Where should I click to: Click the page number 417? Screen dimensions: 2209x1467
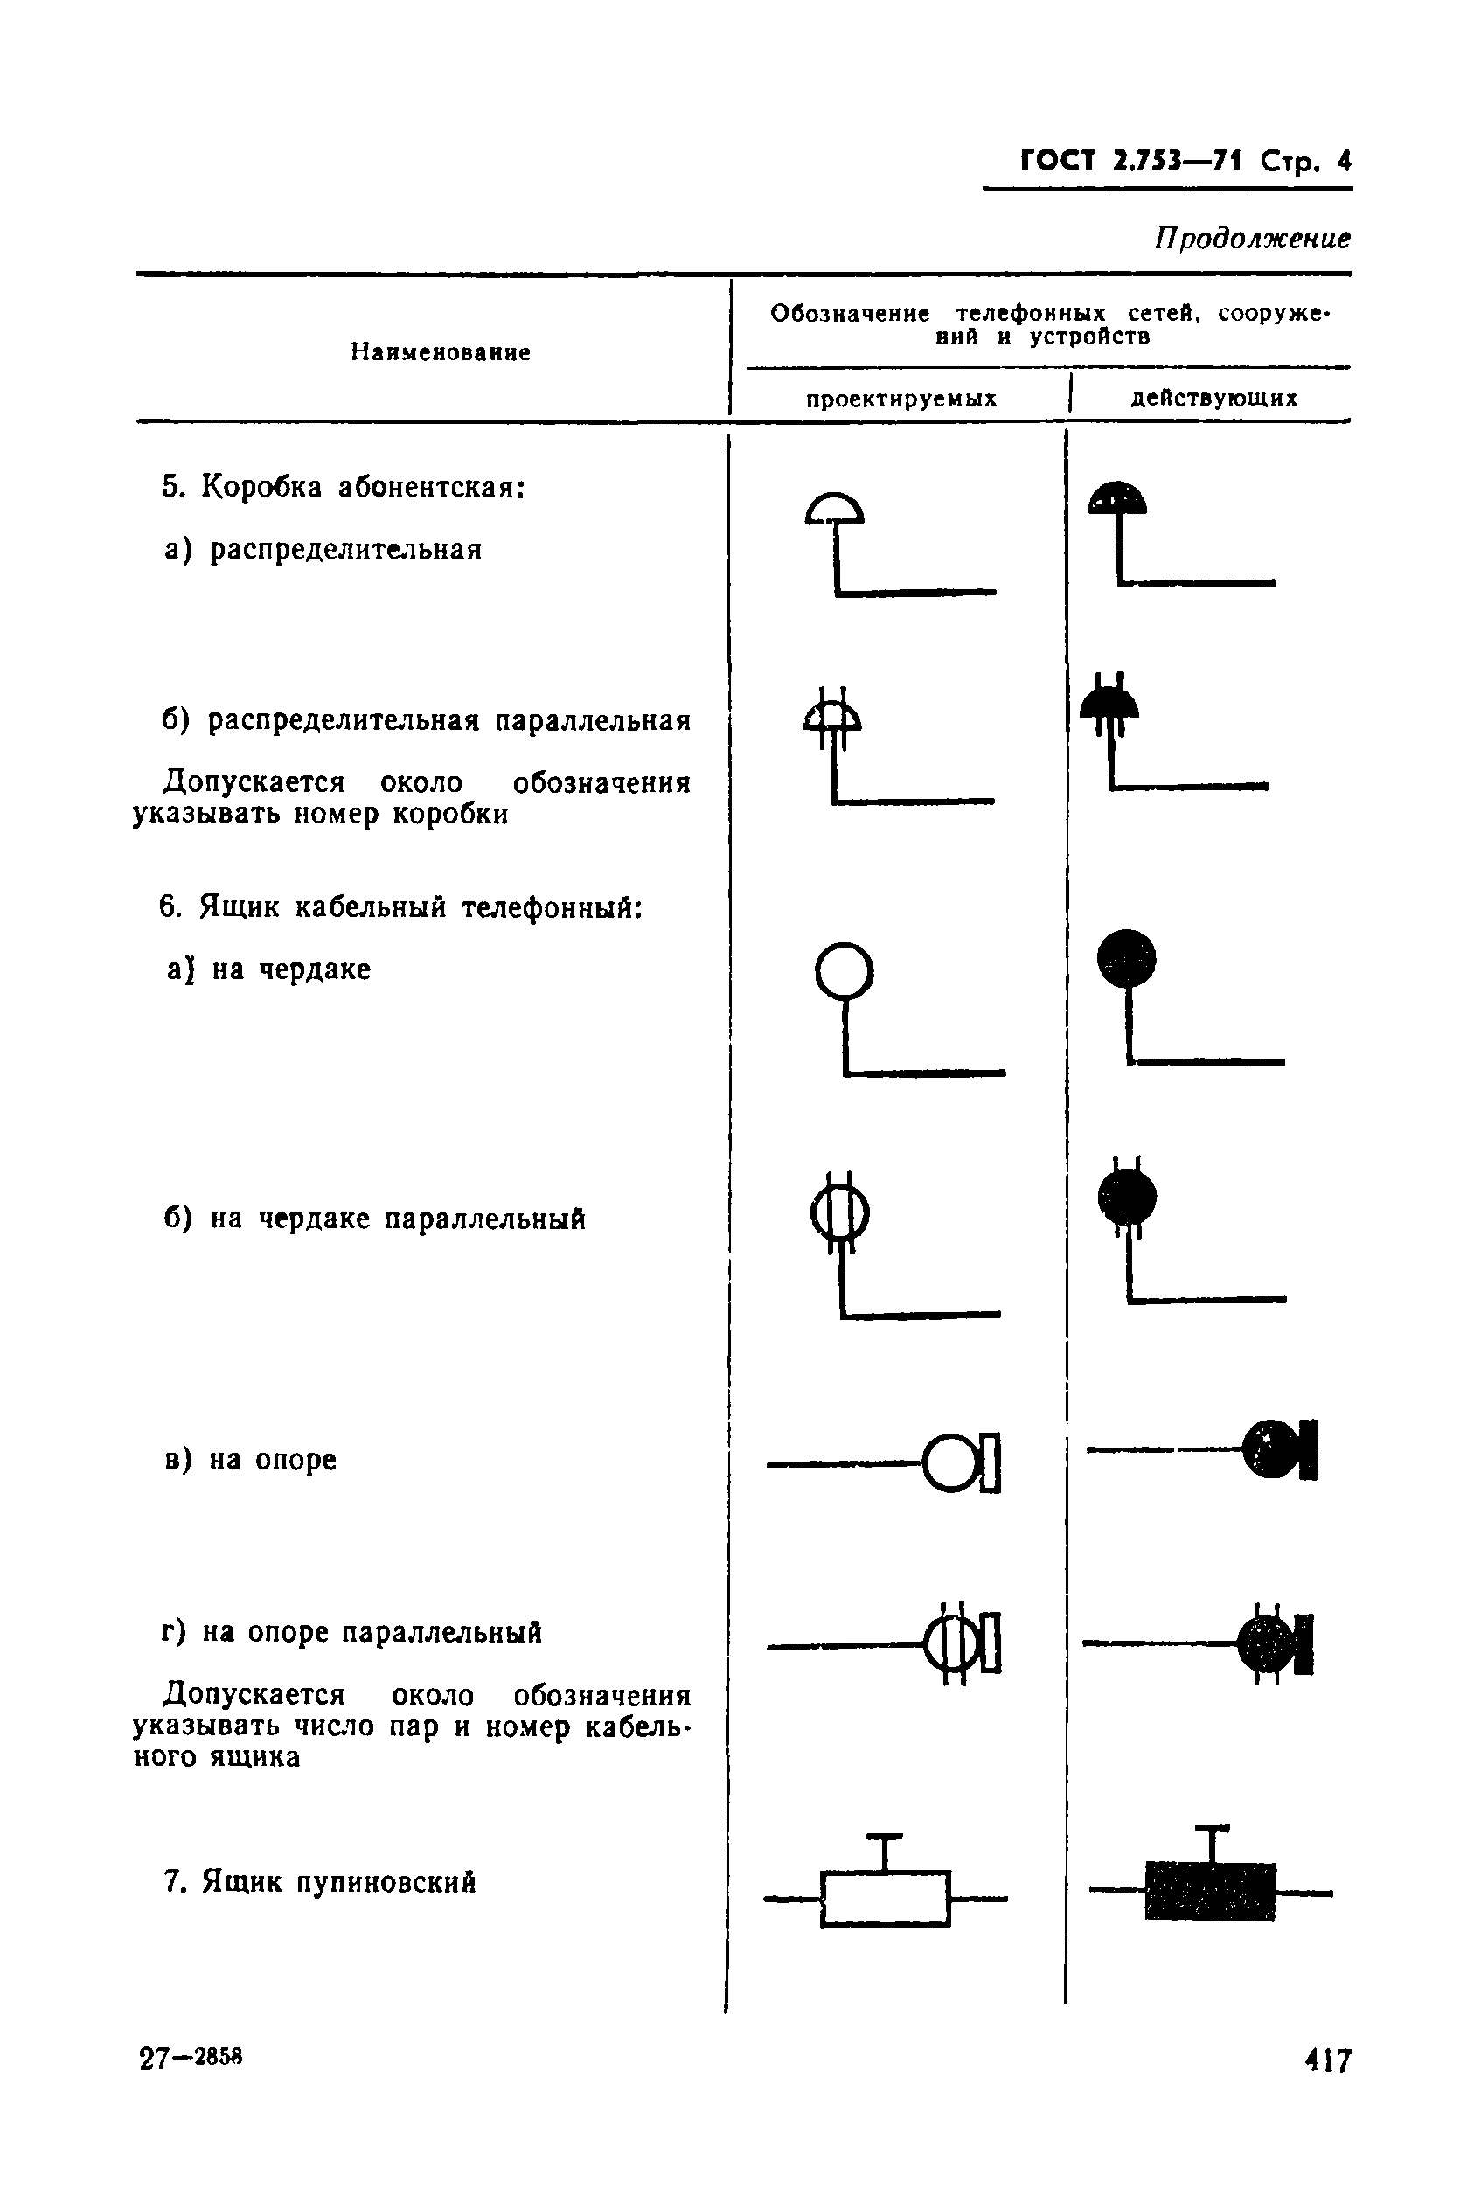[1328, 2060]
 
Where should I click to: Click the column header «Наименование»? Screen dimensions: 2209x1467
[441, 352]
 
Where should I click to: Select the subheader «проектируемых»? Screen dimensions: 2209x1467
[901, 399]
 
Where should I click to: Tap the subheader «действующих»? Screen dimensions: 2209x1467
[1214, 399]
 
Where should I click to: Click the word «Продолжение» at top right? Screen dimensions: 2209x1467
[1252, 240]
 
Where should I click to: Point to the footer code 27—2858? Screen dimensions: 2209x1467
[191, 2058]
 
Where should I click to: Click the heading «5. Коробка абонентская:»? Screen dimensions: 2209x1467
[344, 487]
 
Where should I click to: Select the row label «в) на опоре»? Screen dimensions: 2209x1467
[250, 1460]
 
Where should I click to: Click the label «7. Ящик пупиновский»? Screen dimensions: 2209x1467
[320, 1882]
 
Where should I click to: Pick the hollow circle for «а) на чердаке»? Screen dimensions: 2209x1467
[844, 971]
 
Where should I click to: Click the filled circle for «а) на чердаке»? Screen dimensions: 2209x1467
[1126, 959]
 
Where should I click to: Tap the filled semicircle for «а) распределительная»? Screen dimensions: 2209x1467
[1117, 499]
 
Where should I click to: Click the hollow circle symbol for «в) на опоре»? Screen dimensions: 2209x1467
[950, 1463]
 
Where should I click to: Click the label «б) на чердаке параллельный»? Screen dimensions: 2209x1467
[374, 1219]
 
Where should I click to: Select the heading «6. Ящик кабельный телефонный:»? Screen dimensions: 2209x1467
[401, 907]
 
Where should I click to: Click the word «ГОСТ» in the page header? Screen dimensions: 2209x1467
[1056, 162]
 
